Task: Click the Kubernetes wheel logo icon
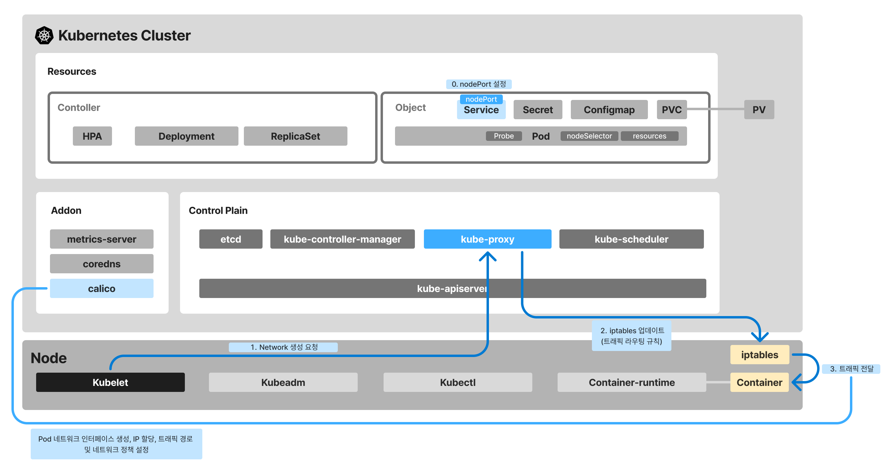(44, 36)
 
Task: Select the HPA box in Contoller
(92, 136)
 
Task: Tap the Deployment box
(186, 136)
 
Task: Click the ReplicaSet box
(295, 136)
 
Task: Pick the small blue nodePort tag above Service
(481, 99)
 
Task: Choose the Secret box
(538, 110)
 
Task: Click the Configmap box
(609, 110)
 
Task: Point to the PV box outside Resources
(759, 110)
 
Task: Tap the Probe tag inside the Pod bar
(504, 136)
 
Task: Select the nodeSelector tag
(589, 136)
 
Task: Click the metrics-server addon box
(101, 239)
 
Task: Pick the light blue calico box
(101, 288)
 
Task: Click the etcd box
(231, 239)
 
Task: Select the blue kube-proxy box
(487, 239)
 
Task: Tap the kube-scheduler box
(631, 239)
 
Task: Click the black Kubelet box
(110, 382)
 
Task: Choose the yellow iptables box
(760, 355)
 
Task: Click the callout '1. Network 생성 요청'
(283, 347)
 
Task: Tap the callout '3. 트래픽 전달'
(851, 369)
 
